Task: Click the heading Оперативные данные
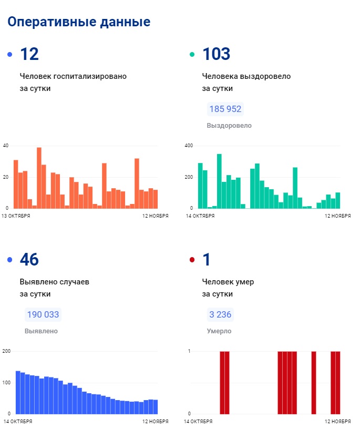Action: coord(79,22)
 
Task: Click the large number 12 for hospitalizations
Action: coord(29,54)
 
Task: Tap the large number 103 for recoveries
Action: coord(217,54)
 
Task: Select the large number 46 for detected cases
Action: coord(29,260)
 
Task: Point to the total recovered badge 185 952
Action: coord(225,109)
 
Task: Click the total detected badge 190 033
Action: coord(43,315)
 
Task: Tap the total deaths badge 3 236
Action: coord(220,315)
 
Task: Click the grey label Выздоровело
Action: coord(229,126)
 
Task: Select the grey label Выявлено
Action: coord(41,331)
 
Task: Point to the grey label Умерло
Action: coord(219,331)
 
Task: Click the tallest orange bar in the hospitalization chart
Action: coord(39,178)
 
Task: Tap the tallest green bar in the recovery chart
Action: coord(219,181)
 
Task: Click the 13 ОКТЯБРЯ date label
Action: coord(16,216)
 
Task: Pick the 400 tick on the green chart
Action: coord(189,145)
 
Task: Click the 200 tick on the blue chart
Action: coord(6,351)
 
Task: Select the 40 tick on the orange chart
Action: coord(6,145)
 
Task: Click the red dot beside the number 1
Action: coord(192,260)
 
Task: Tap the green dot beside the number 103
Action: coord(192,55)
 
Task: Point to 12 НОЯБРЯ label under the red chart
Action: coord(337,421)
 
